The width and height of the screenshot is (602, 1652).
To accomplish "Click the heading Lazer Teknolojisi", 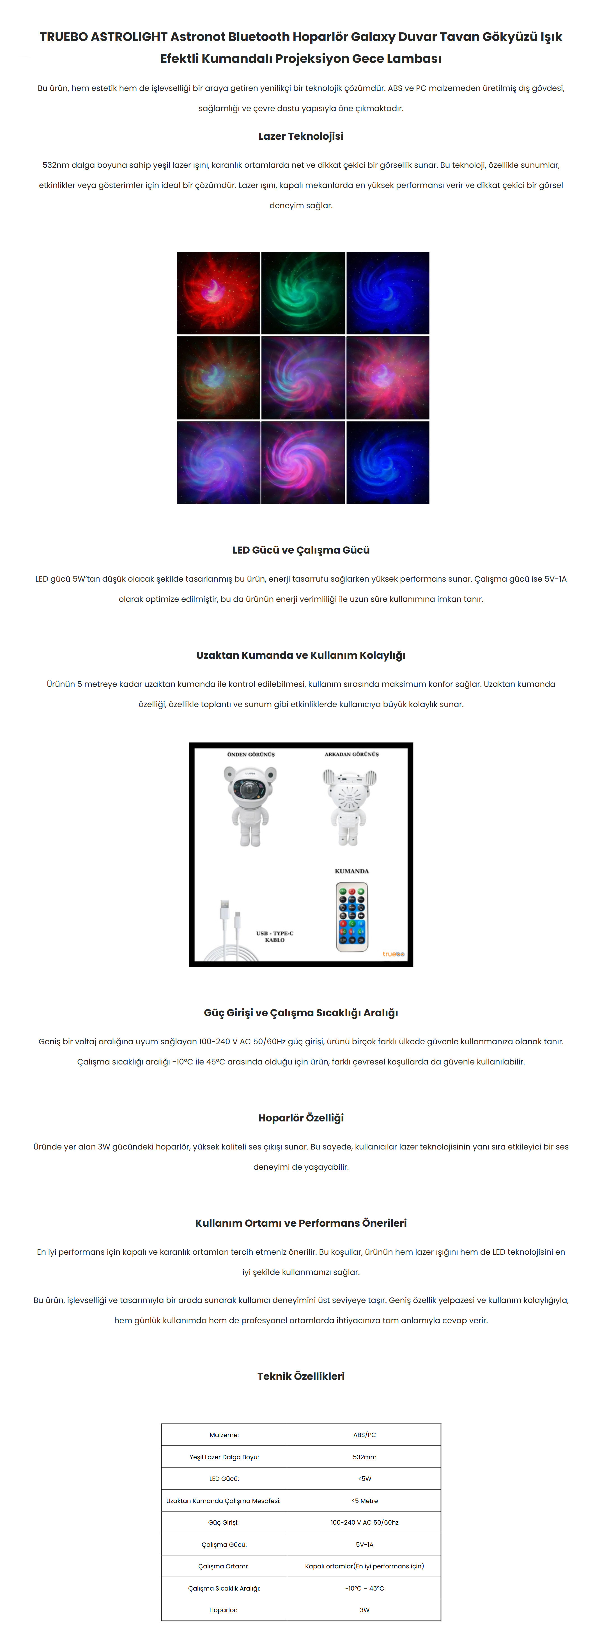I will click(301, 136).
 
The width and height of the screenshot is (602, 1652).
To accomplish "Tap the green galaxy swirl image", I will click(303, 292).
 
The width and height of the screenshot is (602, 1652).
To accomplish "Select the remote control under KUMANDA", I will click(351, 917).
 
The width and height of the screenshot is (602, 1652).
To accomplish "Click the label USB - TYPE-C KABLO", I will click(274, 936).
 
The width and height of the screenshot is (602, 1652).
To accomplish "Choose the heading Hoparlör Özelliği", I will click(301, 1118).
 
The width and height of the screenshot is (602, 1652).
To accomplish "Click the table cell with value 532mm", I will click(364, 1457).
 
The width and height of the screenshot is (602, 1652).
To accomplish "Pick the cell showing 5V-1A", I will click(364, 1545).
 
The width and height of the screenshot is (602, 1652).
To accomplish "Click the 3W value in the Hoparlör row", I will click(364, 1610).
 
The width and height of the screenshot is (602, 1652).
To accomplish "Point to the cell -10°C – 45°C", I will click(364, 1589).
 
